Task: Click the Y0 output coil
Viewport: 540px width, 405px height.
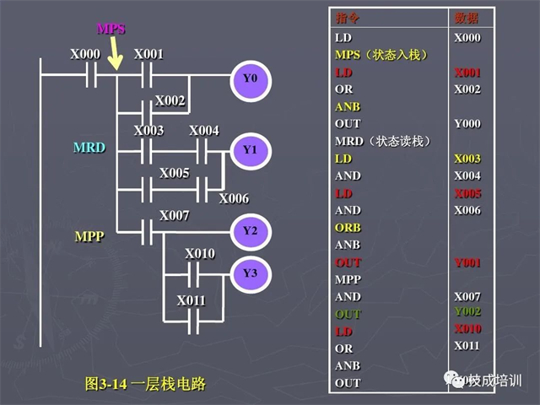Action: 249,79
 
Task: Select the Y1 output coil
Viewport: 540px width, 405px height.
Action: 249,149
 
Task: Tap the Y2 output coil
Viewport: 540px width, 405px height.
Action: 249,230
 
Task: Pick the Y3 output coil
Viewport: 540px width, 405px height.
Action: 249,273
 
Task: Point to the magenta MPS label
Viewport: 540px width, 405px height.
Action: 111,29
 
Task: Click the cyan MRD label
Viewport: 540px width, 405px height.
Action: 89,148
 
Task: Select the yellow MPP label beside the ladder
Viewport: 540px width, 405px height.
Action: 89,236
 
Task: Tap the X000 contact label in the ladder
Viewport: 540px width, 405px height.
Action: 84,54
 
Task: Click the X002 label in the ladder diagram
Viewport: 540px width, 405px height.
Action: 170,100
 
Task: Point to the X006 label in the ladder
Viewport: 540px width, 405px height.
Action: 234,198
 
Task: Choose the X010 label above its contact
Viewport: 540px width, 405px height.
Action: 200,253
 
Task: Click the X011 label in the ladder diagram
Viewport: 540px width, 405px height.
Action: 191,300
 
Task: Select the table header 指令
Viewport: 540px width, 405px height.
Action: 347,19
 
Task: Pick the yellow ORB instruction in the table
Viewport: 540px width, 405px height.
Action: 348,228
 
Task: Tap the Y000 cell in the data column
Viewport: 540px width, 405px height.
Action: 467,124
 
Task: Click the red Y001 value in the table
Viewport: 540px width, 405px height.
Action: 467,262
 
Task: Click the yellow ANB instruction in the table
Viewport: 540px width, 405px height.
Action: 348,106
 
